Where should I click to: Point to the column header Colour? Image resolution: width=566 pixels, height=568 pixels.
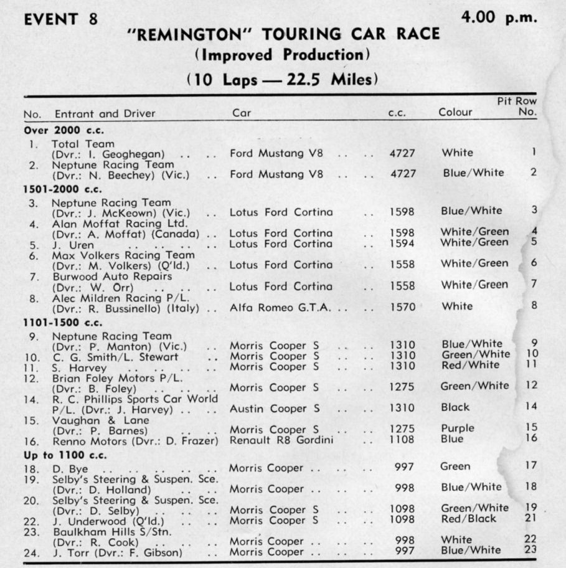[x=455, y=113]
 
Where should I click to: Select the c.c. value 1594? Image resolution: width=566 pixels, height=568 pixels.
[x=402, y=242]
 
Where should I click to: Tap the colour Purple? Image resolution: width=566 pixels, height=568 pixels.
[x=458, y=428]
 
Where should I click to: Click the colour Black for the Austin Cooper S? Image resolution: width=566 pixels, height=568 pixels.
[x=455, y=407]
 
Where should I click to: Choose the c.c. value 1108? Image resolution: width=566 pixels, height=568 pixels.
[x=402, y=438]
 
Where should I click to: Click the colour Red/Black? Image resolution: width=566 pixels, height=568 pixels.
[x=468, y=518]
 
